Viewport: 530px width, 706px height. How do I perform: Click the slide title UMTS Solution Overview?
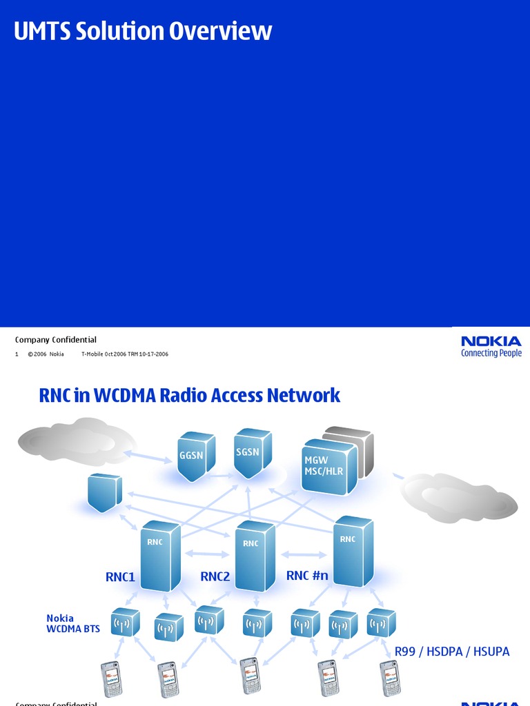(x=143, y=31)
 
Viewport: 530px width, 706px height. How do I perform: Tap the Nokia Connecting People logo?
(x=491, y=346)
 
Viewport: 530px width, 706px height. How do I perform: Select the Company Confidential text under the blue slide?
(x=56, y=339)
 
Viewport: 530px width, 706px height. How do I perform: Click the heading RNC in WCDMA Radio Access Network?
(x=190, y=395)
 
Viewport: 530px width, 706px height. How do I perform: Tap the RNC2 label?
(x=215, y=576)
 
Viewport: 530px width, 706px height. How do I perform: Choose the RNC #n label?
(x=307, y=575)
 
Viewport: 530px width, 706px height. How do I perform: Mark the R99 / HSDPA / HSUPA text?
(x=452, y=652)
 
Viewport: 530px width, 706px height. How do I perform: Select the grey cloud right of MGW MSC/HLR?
(x=459, y=497)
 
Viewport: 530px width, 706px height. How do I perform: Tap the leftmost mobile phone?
(x=111, y=678)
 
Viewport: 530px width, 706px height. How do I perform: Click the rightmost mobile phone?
(x=390, y=678)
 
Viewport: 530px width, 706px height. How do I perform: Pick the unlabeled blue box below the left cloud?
(x=104, y=492)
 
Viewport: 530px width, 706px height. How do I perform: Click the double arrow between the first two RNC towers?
(x=208, y=553)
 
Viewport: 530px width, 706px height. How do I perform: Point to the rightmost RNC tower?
(x=353, y=552)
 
